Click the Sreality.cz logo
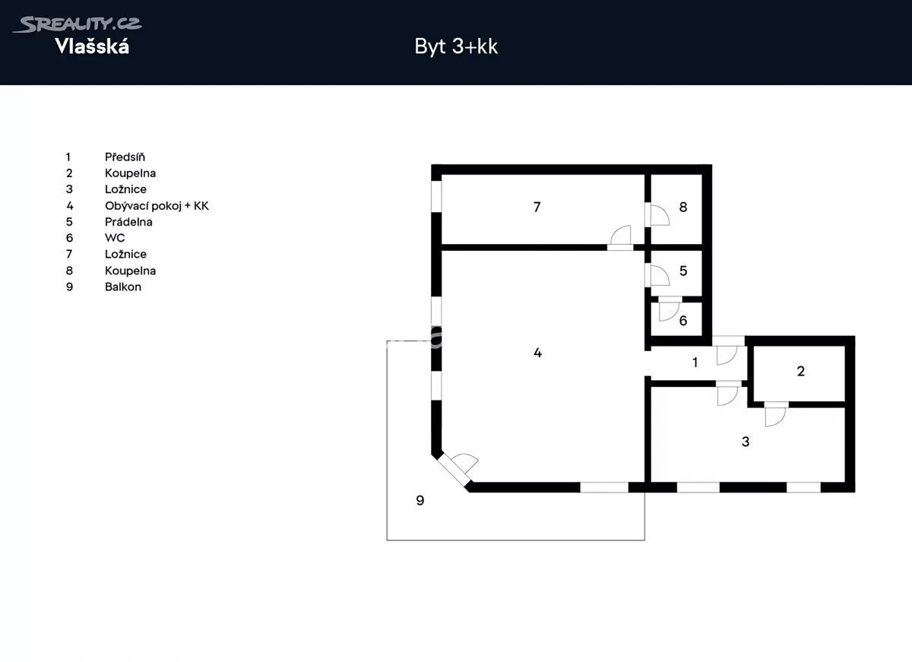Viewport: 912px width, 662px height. [77, 24]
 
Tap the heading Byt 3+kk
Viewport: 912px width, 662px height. [456, 46]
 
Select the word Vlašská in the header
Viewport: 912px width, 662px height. [92, 46]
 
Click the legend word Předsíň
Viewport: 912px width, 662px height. [125, 157]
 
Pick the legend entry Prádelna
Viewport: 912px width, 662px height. [128, 222]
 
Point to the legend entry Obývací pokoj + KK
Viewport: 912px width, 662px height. [157, 206]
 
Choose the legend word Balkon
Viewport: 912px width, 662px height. [123, 287]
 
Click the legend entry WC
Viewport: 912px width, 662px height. [115, 238]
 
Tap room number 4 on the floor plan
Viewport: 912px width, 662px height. [537, 353]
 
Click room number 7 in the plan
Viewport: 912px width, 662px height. [537, 207]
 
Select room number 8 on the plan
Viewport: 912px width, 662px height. [683, 207]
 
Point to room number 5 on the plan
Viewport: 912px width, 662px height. [683, 271]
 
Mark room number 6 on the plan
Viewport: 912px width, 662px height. [683, 321]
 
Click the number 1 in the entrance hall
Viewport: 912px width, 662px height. [695, 362]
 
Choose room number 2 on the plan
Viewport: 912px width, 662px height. [800, 372]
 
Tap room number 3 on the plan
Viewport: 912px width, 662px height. [746, 442]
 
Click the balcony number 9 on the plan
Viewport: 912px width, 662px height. [420, 500]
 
